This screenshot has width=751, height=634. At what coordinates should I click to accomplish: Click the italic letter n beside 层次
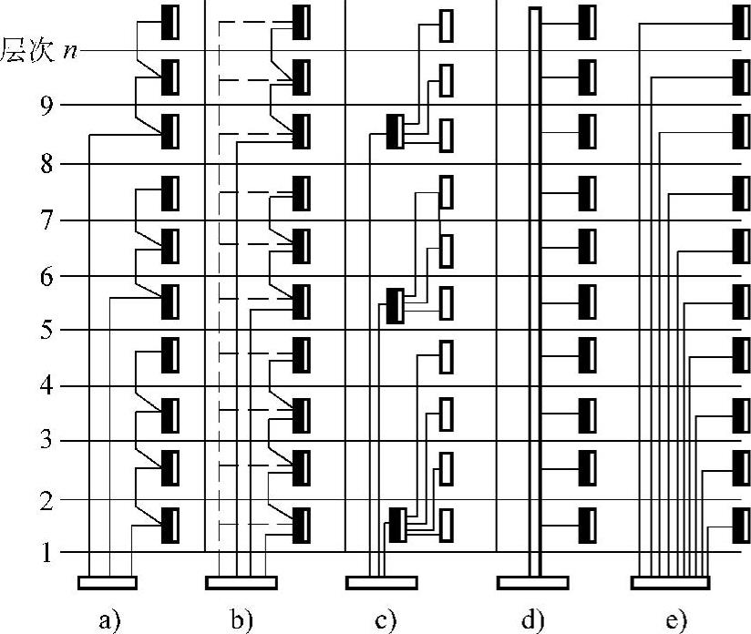pos(69,49)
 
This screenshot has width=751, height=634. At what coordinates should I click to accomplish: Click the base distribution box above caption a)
pos(108,582)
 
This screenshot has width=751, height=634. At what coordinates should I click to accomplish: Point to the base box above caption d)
pos(533,582)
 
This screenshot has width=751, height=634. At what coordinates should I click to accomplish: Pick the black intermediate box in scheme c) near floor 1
pos(396,525)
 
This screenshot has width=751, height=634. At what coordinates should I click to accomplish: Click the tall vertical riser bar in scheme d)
pos(535,273)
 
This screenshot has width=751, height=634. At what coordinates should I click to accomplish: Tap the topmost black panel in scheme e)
pos(743,24)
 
